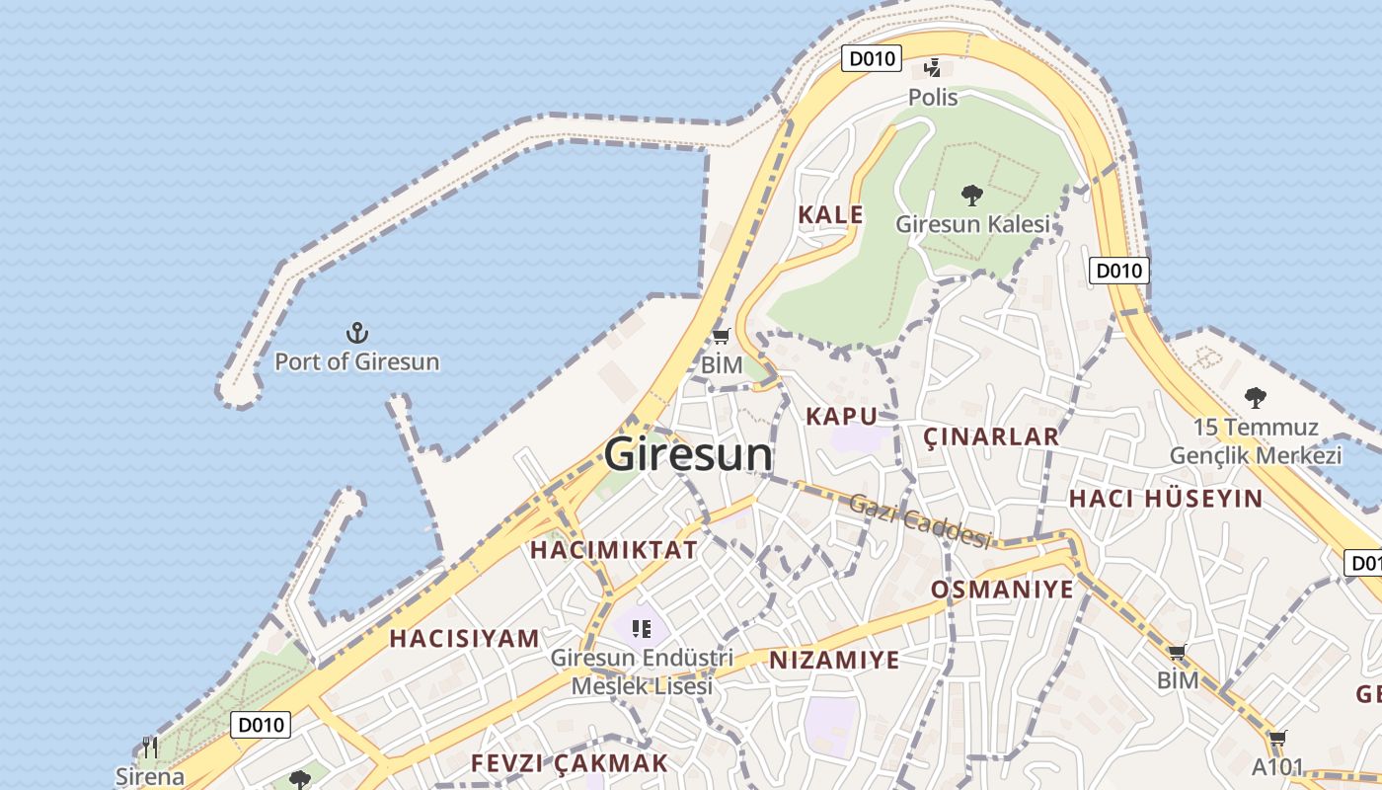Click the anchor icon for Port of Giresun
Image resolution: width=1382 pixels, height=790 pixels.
coord(357,333)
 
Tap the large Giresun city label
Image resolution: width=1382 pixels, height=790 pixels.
coord(688,454)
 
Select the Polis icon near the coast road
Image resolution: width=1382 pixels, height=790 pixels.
coord(932,68)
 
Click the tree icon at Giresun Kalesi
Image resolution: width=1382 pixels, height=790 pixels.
coord(971,195)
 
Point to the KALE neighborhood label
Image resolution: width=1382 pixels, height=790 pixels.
coord(830,214)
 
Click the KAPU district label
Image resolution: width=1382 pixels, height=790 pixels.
coord(841,416)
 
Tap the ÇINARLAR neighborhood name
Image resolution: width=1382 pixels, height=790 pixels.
coord(990,436)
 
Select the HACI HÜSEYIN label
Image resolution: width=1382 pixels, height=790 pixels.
coord(1166,499)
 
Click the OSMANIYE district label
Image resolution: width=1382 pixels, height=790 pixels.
coord(1002,590)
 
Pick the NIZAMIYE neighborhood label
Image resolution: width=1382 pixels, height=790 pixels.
coord(834,660)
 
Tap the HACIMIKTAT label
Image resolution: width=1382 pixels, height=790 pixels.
coord(614,550)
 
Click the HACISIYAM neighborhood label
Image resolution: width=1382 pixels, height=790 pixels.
coord(464,638)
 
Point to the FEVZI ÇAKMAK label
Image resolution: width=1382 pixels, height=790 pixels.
coord(570,763)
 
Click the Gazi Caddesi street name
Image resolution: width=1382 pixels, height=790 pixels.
coord(920,520)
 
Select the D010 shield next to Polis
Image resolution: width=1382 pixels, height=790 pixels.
coord(872,58)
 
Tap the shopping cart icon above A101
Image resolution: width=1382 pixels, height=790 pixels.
coord(1277,739)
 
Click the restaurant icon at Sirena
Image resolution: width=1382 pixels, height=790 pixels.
coord(149,747)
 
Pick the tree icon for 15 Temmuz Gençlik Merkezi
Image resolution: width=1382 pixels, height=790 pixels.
coord(1255,398)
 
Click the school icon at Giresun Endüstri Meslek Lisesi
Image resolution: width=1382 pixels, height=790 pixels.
coord(642,628)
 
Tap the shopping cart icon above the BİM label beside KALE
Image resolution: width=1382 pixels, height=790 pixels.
coord(721,337)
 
